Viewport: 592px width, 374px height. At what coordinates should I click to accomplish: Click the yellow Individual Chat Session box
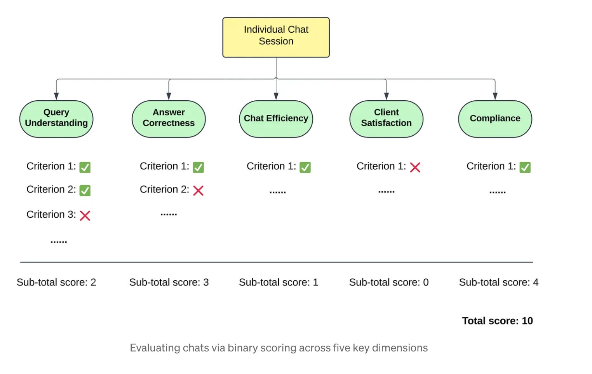(x=276, y=37)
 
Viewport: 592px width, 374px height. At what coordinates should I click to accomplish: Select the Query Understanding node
(x=56, y=119)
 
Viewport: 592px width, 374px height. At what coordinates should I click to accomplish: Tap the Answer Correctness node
(x=169, y=119)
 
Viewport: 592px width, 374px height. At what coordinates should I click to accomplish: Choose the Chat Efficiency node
(x=276, y=119)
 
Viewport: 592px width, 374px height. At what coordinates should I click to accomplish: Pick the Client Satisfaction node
(x=387, y=119)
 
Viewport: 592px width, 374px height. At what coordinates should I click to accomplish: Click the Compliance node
(x=495, y=119)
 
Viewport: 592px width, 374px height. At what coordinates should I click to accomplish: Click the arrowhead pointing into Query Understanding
(x=56, y=96)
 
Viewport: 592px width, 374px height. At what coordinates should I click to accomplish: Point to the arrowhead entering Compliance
(x=495, y=96)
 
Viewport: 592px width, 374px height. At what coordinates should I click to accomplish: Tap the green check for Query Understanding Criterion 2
(x=85, y=190)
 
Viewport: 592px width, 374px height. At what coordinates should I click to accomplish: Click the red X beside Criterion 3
(x=85, y=215)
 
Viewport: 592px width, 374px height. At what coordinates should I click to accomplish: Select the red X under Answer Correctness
(x=198, y=190)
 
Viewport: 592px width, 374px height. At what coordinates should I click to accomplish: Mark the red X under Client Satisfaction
(x=415, y=167)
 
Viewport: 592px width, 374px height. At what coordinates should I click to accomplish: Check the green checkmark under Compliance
(x=525, y=167)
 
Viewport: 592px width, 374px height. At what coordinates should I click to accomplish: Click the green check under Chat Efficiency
(x=305, y=167)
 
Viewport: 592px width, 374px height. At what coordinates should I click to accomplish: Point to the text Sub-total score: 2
(x=56, y=282)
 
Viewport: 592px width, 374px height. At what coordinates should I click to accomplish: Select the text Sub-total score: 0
(x=389, y=282)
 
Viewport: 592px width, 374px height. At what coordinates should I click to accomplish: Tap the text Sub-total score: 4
(x=499, y=282)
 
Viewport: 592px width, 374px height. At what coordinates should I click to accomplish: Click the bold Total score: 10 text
(x=497, y=321)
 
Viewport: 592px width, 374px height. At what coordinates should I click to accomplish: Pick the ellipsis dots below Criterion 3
(x=59, y=242)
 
